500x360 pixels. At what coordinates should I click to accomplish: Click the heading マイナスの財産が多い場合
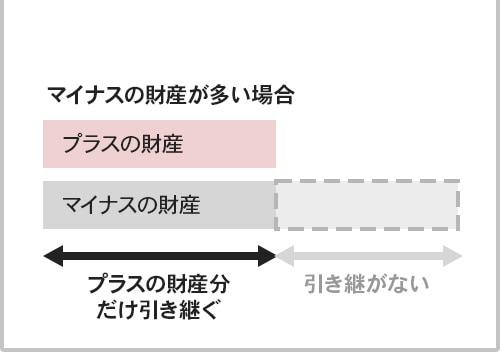tap(170, 96)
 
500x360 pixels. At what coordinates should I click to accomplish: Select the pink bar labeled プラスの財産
tap(159, 143)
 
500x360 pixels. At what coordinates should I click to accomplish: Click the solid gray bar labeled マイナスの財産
tap(159, 205)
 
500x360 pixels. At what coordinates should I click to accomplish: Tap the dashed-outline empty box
tap(367, 205)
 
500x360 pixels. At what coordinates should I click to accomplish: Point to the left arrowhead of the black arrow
tap(52, 256)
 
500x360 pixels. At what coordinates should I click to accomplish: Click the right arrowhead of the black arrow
tap(267, 256)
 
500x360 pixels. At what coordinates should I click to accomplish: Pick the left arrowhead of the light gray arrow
tap(285, 256)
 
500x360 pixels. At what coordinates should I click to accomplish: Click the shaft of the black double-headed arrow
tap(159, 256)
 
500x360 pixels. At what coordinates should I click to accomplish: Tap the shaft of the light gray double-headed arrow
tap(369, 256)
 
